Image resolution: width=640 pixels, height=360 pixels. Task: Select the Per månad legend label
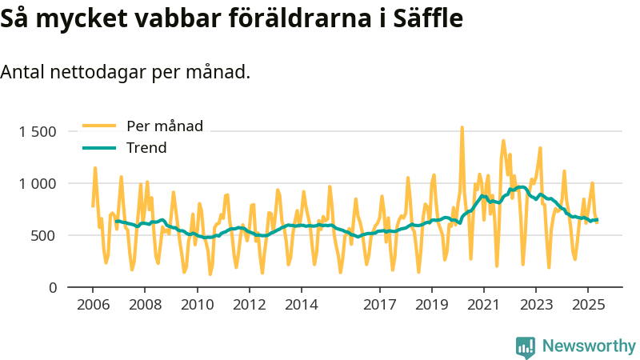pyautogui.click(x=165, y=126)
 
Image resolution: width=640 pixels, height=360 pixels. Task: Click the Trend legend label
pyautogui.click(x=146, y=148)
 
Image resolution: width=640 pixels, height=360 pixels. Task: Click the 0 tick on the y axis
pyautogui.click(x=52, y=287)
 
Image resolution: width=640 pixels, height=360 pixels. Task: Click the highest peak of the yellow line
pyautogui.click(x=462, y=127)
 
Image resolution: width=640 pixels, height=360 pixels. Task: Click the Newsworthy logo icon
pyautogui.click(x=526, y=346)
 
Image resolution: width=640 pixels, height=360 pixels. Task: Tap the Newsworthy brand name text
pyautogui.click(x=589, y=346)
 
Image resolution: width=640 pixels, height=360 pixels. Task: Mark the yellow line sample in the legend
pyautogui.click(x=99, y=126)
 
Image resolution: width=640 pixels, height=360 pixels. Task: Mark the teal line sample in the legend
pyautogui.click(x=99, y=148)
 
